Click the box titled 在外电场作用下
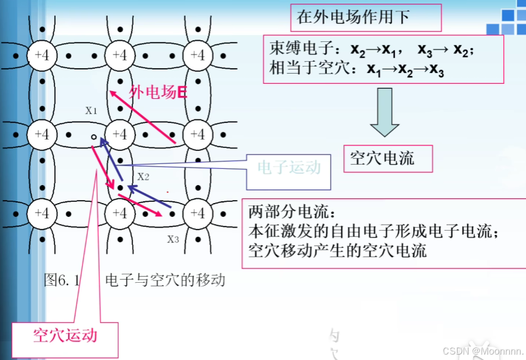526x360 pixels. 365,17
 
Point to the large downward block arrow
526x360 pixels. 384,113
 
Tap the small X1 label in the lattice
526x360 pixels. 91,110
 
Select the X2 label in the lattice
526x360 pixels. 143,177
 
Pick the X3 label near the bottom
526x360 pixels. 173,240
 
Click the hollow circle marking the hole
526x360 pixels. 93,137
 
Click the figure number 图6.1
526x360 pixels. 62,280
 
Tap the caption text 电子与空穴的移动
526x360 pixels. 165,280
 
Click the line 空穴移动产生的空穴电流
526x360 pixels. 337,251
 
